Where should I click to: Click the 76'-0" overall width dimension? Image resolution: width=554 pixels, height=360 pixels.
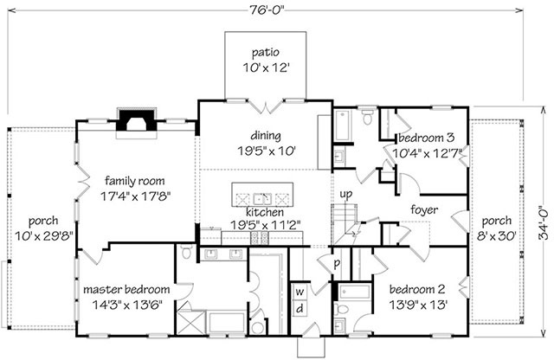coord(266,10)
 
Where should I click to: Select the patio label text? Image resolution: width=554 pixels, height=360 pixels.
coord(266,53)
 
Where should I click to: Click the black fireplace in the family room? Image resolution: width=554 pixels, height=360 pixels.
coord(137,120)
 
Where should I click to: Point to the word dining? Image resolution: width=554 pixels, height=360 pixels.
coord(266,136)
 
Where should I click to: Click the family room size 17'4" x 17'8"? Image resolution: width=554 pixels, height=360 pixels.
coord(136,196)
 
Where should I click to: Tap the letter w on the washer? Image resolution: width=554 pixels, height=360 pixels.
coord(300,292)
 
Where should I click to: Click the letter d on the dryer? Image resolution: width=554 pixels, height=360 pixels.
coord(300,308)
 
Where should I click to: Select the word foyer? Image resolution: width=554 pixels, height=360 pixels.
coord(424,210)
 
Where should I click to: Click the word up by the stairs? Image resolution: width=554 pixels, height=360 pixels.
coord(346,195)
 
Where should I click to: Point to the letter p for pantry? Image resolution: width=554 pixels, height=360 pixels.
coord(337,264)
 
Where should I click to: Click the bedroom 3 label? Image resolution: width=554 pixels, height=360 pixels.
coord(427,138)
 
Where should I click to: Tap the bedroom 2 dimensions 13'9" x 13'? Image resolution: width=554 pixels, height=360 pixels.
coord(419,305)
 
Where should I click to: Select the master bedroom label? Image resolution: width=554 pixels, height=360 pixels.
coord(126,290)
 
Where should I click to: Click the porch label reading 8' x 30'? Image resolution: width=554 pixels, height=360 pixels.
coord(497,235)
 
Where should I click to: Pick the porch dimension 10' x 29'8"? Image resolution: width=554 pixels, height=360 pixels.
coord(44,235)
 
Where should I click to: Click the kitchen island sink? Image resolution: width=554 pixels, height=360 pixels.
coord(262,199)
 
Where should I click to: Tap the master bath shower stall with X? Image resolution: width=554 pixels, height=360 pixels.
coord(190,322)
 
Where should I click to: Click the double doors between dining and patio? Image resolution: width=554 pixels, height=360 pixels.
coord(266,106)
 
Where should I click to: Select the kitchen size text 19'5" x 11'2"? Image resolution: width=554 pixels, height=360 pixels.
coord(266,225)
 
